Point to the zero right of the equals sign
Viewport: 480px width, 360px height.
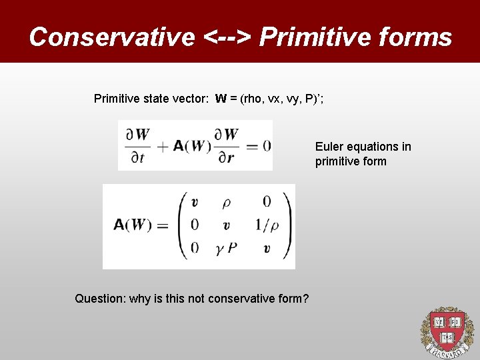pos(267,146)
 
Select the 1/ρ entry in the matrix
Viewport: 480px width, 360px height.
pos(267,225)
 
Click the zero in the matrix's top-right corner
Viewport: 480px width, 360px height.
pos(267,202)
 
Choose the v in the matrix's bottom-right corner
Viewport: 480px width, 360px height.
pos(267,249)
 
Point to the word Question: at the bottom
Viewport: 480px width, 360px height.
pos(100,298)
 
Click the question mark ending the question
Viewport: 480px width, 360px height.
pos(305,298)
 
